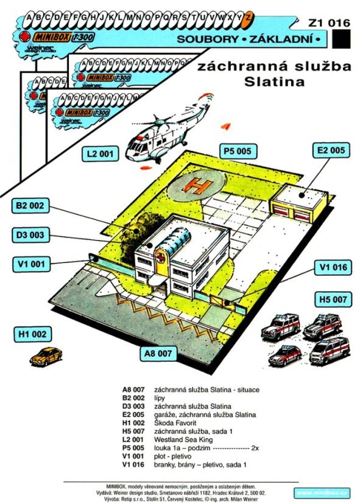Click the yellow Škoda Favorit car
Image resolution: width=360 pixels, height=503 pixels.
coord(46,356)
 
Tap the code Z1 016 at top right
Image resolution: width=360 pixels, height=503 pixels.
coord(330,23)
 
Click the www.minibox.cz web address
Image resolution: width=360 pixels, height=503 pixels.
coord(323,491)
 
